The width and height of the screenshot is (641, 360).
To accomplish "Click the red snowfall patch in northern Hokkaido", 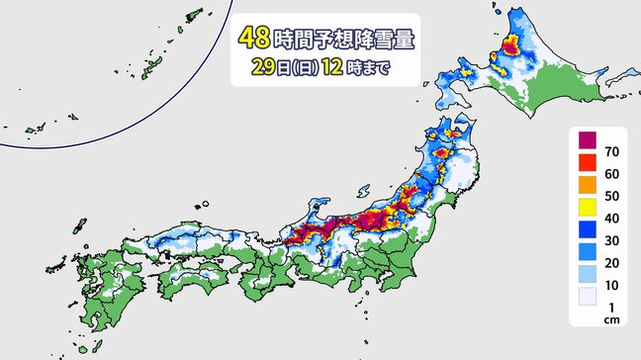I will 511,45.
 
